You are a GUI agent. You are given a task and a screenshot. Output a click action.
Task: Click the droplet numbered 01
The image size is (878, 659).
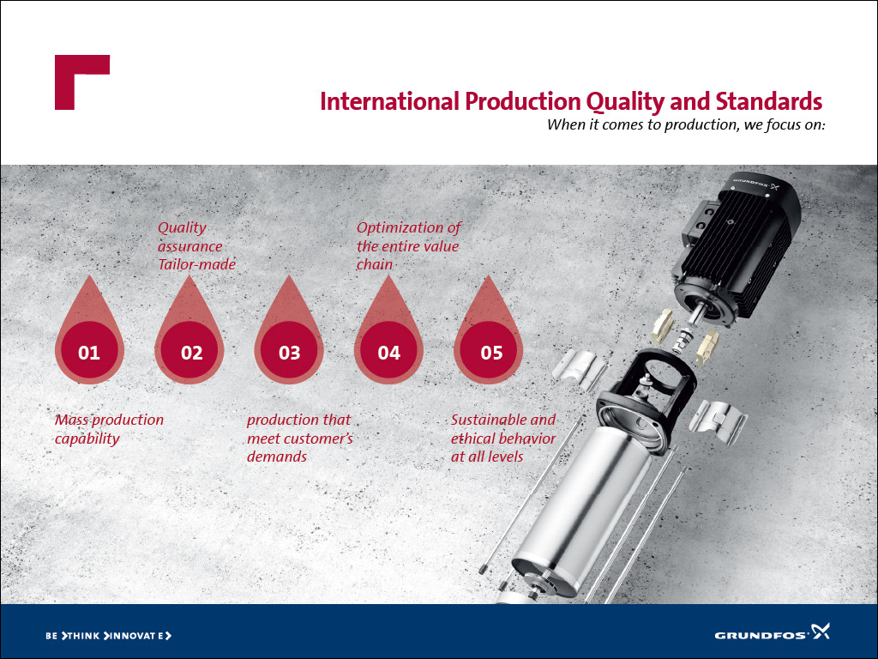coord(89,336)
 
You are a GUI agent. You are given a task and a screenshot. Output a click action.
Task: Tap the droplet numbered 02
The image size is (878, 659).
coord(189,336)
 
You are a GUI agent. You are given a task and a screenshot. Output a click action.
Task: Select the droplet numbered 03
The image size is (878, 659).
coord(289,336)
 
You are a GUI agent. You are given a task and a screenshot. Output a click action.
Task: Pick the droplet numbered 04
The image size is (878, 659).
coord(388,336)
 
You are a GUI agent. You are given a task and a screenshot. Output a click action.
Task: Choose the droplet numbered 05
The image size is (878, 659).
coord(488,336)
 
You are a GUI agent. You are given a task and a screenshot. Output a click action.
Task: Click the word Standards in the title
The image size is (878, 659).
coord(769,101)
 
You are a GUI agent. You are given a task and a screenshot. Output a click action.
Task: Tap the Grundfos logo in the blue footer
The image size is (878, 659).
coord(772,632)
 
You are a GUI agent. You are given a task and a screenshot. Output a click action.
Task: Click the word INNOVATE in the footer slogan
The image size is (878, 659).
coord(138,636)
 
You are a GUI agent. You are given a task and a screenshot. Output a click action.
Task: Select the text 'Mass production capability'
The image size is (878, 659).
coord(109,429)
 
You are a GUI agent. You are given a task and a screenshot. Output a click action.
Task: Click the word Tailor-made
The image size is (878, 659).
coord(196,264)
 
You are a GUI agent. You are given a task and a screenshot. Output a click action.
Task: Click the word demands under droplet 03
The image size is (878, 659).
coord(277,456)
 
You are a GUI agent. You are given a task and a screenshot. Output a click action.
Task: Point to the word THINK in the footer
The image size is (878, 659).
coord(81,636)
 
